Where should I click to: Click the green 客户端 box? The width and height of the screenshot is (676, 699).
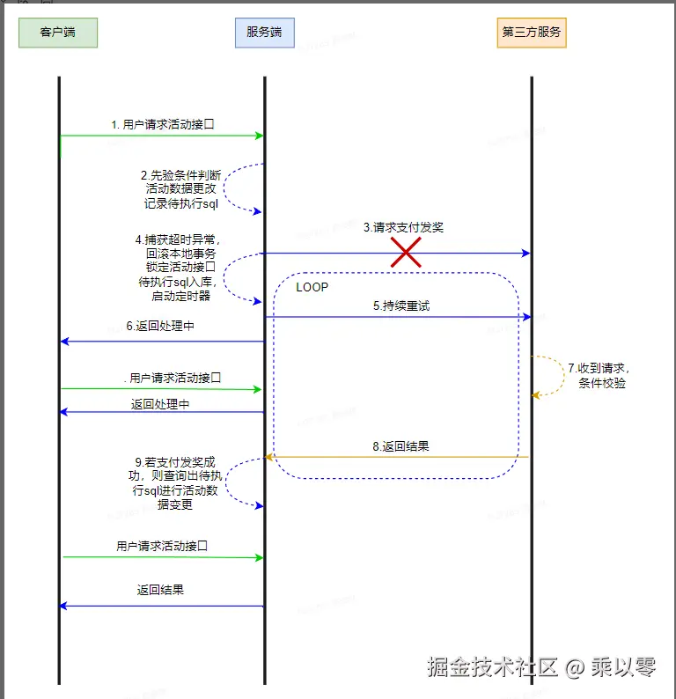pos(58,33)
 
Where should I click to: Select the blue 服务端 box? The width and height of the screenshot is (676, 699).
pos(264,33)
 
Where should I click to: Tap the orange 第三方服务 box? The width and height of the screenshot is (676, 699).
pos(532,33)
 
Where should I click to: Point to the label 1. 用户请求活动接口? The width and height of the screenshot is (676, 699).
pos(163,125)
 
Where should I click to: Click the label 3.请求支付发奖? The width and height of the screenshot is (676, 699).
pos(403,227)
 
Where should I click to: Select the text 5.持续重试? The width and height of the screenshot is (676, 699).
pos(400,306)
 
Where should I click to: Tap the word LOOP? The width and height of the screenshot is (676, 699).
pos(312,287)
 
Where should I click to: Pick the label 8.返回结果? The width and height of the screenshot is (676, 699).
pos(400,446)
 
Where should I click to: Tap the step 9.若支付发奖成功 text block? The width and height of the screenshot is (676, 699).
pos(176,483)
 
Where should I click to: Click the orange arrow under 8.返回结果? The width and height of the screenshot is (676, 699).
pos(400,457)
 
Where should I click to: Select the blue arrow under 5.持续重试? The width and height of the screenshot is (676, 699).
pos(400,317)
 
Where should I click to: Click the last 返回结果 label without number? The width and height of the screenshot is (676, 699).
pos(160,590)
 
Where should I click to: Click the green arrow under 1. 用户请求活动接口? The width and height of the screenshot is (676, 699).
pos(163,136)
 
